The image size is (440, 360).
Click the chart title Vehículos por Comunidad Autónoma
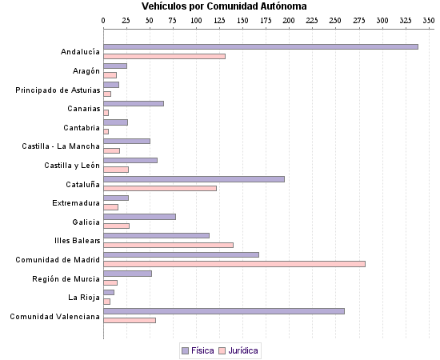(218, 6)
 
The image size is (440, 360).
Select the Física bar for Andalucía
(261, 46)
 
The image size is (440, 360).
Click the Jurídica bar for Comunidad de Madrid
(234, 263)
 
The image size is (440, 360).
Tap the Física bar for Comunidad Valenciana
(224, 310)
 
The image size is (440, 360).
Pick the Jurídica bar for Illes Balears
(168, 245)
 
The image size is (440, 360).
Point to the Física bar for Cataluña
(194, 178)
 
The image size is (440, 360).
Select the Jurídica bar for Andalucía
(164, 56)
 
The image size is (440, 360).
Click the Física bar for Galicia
(139, 216)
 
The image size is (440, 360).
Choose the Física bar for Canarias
(134, 103)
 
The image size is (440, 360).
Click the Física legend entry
(198, 350)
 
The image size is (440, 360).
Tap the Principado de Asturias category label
(58, 90)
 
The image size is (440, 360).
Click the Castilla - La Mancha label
(61, 146)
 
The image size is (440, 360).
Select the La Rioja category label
(84, 297)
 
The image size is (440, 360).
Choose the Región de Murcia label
(66, 278)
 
